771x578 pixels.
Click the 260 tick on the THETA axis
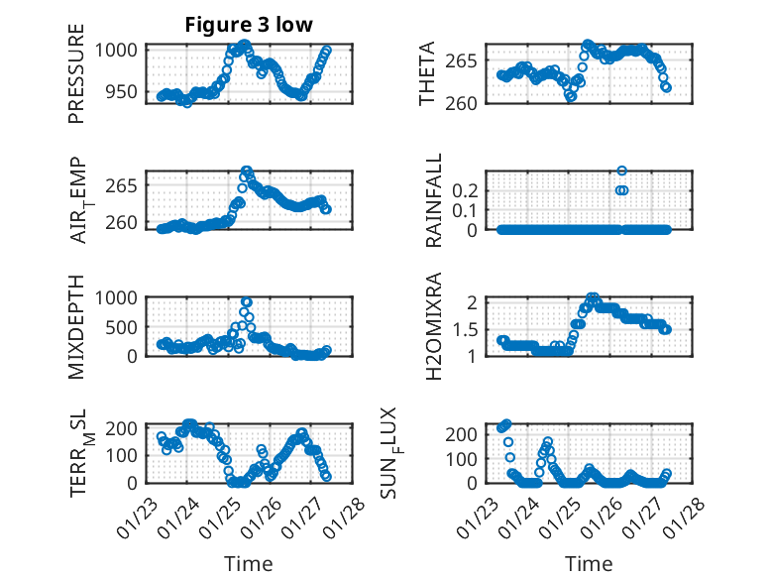tap(469, 102)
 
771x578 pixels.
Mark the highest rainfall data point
tap(622, 172)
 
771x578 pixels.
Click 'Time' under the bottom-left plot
tap(248, 563)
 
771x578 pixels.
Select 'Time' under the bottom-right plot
tap(589, 563)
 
